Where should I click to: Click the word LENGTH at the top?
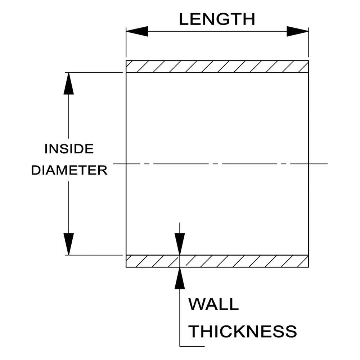tap(217, 19)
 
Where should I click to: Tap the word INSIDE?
tap(69, 149)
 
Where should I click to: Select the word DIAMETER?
tap(69, 170)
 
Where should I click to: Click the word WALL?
tap(213, 304)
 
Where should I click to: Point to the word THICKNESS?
tap(243, 331)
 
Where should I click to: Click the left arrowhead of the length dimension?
tap(137, 31)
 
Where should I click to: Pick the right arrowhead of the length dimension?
tap(298, 31)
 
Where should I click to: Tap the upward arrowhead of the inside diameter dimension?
tap(69, 84)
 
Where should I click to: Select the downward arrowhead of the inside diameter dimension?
tap(69, 244)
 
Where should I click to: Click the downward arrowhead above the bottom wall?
tap(180, 244)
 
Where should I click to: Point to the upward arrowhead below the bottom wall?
tap(180, 278)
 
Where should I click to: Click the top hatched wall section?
tap(217, 67)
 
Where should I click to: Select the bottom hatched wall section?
tap(217, 261)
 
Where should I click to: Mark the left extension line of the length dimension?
tap(126, 42)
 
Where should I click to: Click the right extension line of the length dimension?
tap(309, 42)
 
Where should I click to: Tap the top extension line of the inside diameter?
tap(94, 73)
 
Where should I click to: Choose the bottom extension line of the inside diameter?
tap(94, 255)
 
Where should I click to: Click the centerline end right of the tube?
tap(328, 164)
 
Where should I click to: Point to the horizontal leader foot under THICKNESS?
tap(192, 346)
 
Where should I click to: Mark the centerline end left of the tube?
tap(113, 164)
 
